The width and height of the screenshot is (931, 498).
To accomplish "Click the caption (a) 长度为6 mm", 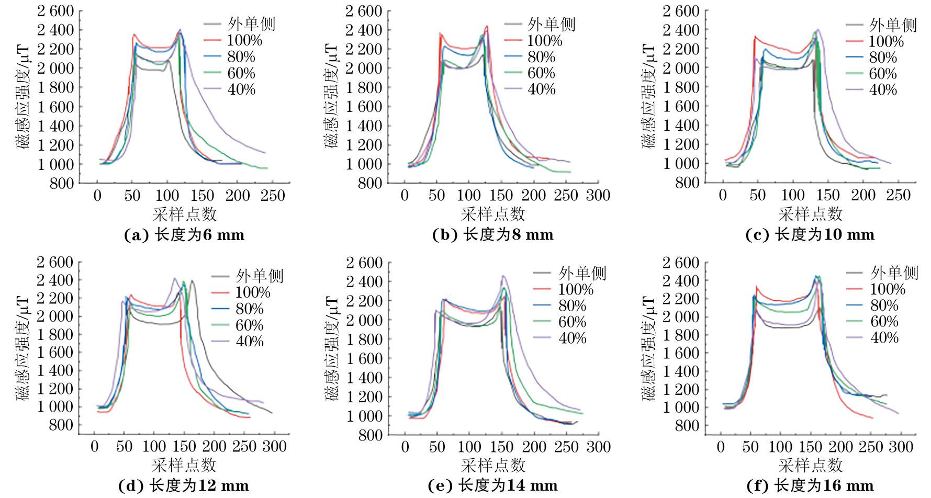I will tap(184, 235).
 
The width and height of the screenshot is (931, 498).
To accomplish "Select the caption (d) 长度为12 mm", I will tap(184, 486).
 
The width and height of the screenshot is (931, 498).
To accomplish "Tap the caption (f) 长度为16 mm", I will tap(810, 486).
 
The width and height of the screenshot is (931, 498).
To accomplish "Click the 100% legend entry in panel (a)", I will tap(244, 40).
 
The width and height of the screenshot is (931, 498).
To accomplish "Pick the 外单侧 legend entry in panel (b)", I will tap(552, 24).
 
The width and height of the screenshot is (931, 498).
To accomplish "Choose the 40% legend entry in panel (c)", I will tap(883, 90).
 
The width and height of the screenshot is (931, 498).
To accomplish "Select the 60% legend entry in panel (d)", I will tap(250, 325).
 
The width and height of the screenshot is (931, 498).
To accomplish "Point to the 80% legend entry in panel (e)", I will tap(572, 305).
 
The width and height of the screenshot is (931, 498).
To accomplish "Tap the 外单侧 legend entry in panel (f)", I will tap(894, 273).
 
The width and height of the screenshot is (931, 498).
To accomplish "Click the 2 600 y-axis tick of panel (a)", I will tap(55, 11).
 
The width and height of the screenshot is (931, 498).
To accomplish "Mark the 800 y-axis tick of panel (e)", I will tap(371, 435).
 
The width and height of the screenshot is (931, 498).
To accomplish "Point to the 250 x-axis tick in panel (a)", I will tap(273, 196).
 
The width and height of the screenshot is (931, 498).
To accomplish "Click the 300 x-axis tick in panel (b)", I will tap(598, 196).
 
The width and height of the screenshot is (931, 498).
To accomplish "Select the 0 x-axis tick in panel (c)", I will tap(723, 196).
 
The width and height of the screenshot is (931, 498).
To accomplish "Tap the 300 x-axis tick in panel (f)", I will tap(901, 447).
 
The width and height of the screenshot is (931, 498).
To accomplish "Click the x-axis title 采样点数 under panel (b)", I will tap(493, 214).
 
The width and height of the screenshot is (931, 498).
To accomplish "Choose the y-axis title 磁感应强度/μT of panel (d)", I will tap(23, 348).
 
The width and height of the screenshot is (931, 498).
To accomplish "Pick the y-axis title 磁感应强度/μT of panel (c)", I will tap(648, 96).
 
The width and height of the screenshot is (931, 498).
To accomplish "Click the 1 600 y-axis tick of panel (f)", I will tap(681, 353).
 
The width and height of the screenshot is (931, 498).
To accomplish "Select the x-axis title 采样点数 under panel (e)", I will tap(493, 465).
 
